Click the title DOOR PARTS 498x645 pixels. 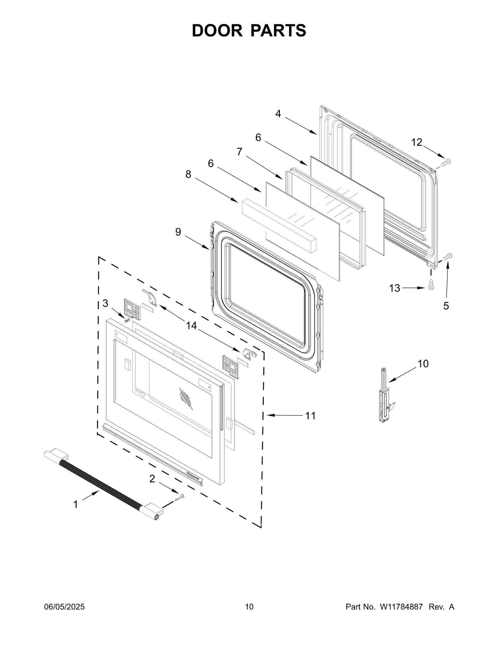pos(249,31)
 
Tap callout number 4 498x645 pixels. pos(278,114)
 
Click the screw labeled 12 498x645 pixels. pos(446,162)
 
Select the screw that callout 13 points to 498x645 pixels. pos(431,284)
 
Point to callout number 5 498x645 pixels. pos(446,306)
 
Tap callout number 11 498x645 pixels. pos(310,415)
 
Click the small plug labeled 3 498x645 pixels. pos(127,320)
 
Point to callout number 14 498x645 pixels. pos(191,326)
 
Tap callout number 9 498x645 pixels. pos(178,232)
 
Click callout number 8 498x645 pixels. pos(188,174)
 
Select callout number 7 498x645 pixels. pos(239,152)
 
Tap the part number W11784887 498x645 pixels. pos(401,607)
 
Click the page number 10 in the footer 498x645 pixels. pos(249,607)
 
